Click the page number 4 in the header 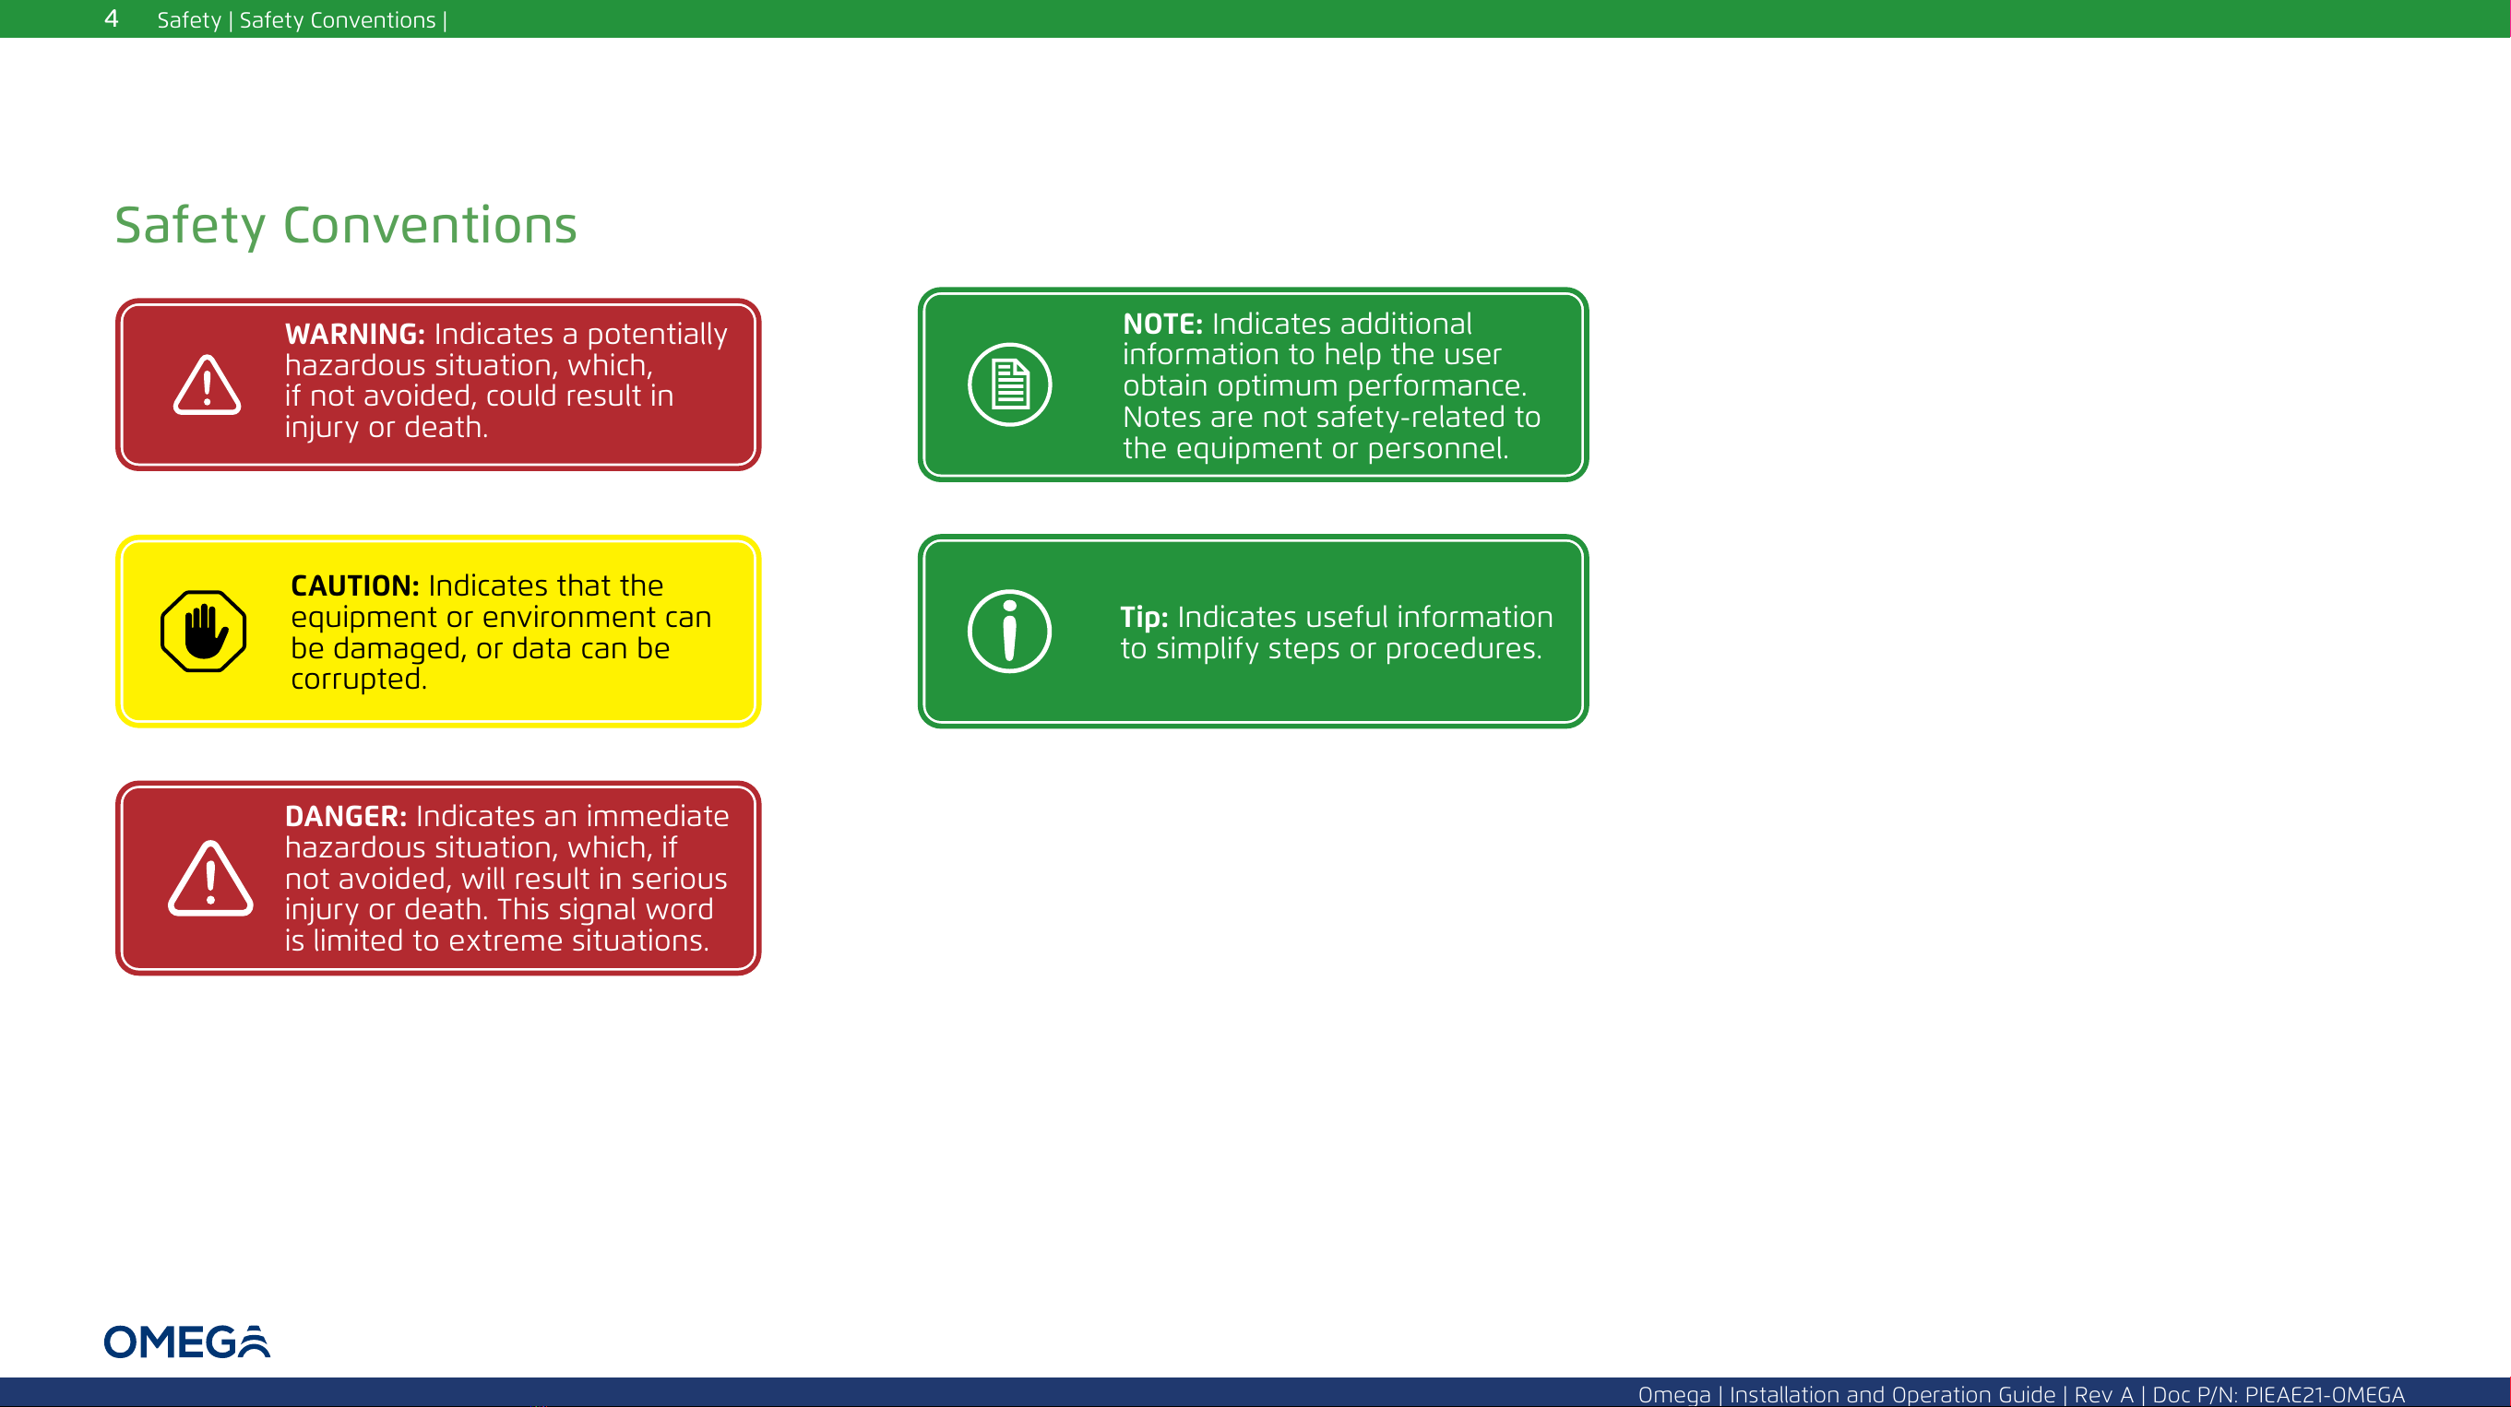111,18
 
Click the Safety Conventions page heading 346,225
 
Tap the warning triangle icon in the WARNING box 207,384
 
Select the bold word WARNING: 355,333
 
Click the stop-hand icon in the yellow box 204,632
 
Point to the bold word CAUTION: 355,585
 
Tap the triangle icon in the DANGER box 210,878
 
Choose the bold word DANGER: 346,816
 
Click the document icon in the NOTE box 1010,384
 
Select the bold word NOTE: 1163,324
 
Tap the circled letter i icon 1010,632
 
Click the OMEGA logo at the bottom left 187,1342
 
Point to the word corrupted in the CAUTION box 359,680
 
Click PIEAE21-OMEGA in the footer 2325,1394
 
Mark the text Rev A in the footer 2103,1394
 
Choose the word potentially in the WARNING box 657,334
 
